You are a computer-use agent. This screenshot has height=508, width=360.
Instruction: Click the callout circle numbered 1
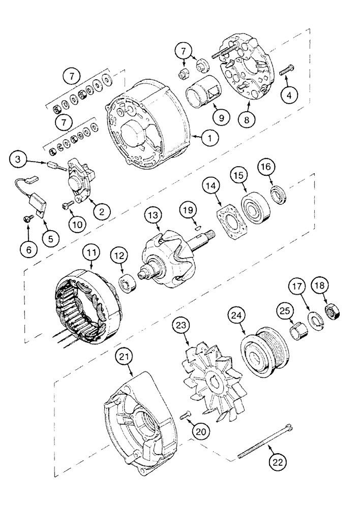point(209,136)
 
